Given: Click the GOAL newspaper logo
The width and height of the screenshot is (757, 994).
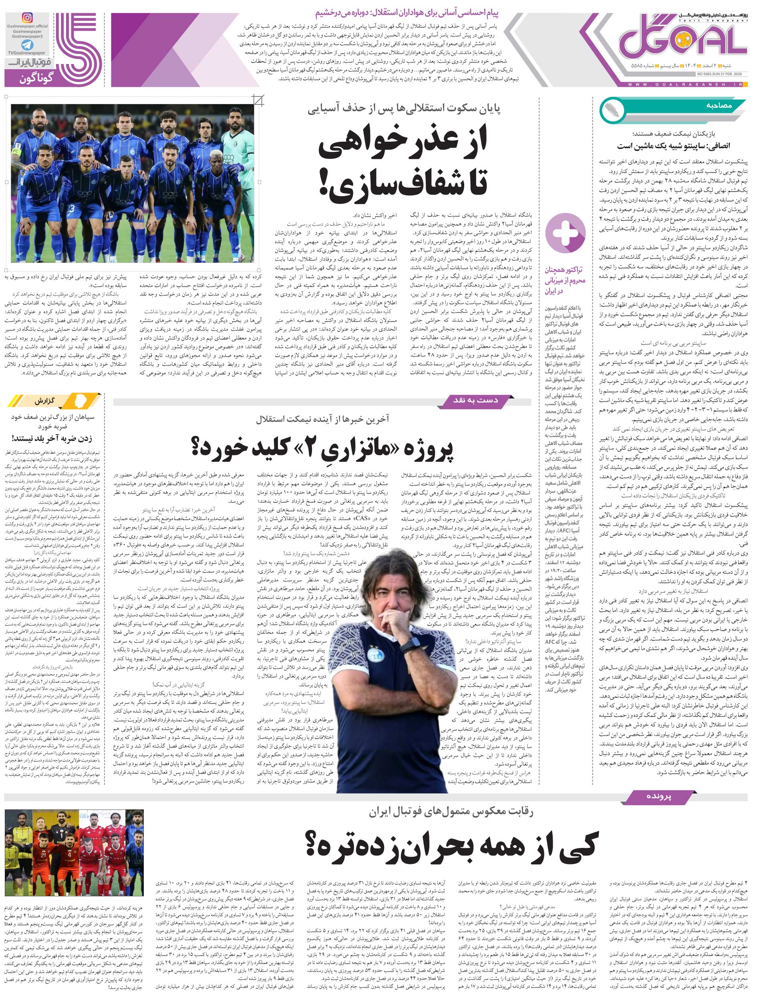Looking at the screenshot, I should click(681, 43).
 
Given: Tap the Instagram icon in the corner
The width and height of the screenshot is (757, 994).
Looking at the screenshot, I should click(28, 18).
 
